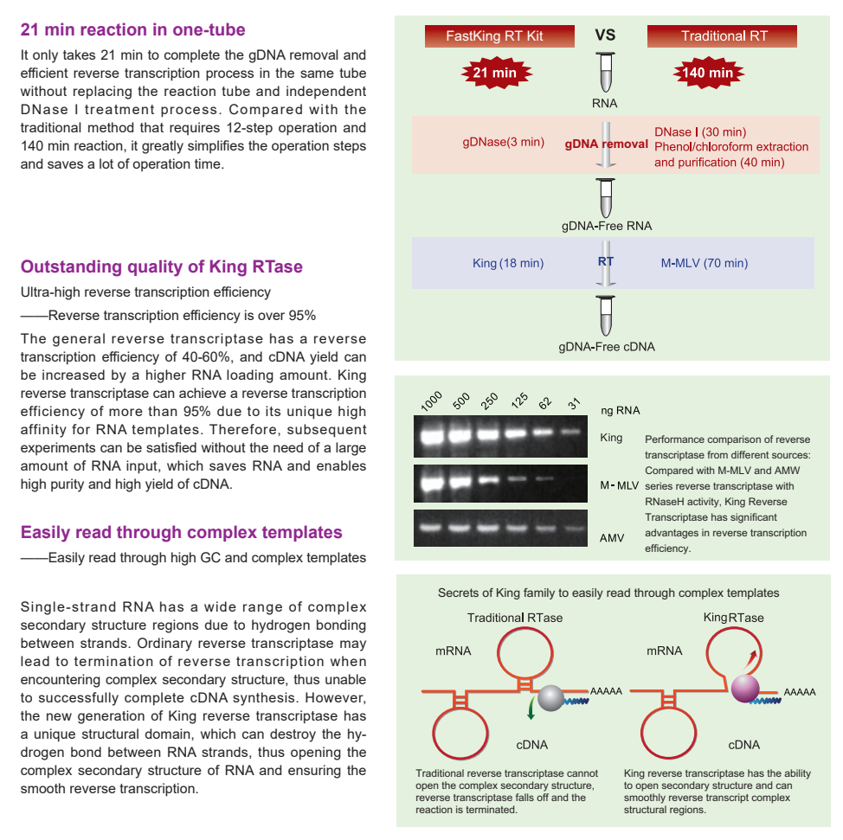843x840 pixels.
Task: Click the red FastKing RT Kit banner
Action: tap(499, 36)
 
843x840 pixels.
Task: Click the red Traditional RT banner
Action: tap(722, 36)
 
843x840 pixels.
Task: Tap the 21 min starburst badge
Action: tap(496, 73)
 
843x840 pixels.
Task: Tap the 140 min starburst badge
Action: tap(708, 73)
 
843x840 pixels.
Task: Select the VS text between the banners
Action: tap(605, 35)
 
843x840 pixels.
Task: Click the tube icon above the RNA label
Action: tap(605, 72)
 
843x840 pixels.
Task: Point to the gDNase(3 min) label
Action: tap(503, 142)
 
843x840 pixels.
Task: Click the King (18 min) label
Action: tap(508, 263)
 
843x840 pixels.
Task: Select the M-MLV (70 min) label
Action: tap(705, 263)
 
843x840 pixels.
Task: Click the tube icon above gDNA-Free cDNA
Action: tap(605, 316)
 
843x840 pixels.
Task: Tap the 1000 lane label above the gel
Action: tap(431, 401)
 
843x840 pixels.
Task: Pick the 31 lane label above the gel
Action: tap(574, 404)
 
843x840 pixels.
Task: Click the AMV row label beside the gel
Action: tap(612, 537)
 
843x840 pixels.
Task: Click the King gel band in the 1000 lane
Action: tap(432, 435)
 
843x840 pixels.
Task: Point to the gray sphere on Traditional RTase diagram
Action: tap(550, 697)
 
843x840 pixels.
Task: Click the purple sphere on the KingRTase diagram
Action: tap(745, 689)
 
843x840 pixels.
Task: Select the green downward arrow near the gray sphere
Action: tap(531, 709)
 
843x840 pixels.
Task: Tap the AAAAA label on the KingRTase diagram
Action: tap(800, 692)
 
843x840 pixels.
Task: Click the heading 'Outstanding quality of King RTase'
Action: tap(161, 266)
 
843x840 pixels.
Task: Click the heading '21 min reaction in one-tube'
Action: tap(132, 29)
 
